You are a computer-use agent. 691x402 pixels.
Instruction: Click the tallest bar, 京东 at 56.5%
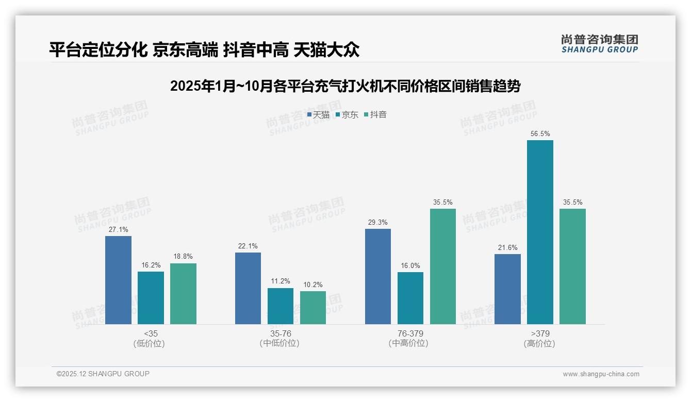[x=540, y=232]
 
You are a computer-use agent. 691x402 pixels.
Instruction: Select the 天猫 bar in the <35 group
[x=118, y=280]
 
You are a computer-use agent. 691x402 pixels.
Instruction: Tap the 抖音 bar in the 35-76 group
[x=313, y=308]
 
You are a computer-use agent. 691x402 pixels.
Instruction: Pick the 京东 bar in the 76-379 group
[x=410, y=298]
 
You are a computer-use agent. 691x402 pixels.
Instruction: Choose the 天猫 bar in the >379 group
[x=507, y=289]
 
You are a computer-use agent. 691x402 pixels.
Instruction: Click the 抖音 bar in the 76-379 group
[x=443, y=266]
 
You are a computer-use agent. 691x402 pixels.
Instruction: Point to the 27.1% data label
[x=118, y=230]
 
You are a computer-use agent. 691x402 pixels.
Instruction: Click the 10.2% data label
[x=313, y=284]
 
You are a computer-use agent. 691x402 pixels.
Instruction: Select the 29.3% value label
[x=378, y=223]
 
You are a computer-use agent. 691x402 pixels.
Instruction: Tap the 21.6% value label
[x=507, y=248]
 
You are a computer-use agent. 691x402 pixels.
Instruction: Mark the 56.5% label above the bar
[x=540, y=134]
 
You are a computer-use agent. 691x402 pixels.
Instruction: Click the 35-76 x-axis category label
[x=281, y=333]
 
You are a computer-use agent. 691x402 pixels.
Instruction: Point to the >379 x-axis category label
[x=540, y=333]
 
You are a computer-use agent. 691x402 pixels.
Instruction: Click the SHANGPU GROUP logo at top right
[x=599, y=44]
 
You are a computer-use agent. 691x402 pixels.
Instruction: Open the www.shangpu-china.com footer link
[x=601, y=374]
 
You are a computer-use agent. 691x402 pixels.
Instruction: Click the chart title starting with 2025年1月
[x=345, y=86]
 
